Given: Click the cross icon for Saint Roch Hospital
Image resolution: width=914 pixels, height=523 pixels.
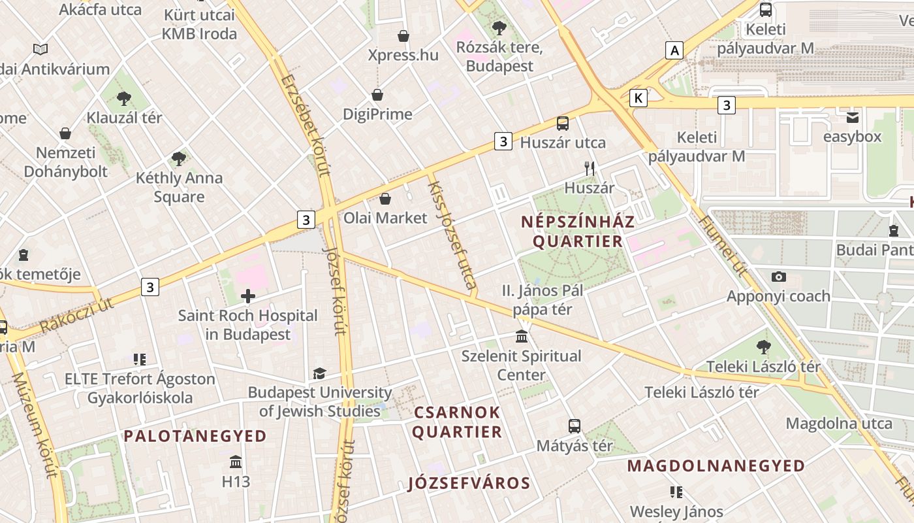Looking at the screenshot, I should point(248,296).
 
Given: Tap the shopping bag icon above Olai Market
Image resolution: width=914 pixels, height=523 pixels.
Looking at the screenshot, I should point(385,199).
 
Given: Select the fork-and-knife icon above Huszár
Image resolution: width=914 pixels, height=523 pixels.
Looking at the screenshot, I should point(590,169).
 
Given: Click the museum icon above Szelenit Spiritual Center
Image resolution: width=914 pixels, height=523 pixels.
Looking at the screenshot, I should point(522,337).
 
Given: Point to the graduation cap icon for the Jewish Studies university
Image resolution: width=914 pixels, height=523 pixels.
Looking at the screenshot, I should point(319,373).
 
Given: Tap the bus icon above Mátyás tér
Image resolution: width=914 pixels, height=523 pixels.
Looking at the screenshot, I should point(575,426).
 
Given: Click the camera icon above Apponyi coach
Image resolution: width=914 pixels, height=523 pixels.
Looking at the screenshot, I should point(778,277).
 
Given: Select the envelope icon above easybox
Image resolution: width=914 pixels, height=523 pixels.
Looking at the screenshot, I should point(853,118).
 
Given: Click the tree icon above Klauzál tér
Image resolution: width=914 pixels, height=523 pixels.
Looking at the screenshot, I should point(124,99).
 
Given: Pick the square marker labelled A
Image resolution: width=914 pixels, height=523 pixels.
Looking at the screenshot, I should point(674,50).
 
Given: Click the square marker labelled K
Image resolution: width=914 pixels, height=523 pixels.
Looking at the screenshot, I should point(638,98).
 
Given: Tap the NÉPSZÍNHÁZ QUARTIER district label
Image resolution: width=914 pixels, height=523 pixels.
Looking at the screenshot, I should point(578,231).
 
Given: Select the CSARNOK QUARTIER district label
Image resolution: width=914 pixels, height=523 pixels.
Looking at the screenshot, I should point(457,422).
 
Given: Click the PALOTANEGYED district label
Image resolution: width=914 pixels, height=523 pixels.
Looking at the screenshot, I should point(195,436).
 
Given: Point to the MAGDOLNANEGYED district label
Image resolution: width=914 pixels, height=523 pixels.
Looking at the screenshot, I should point(716,466).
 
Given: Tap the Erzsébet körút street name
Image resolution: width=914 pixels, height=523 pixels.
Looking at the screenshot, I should point(304,124).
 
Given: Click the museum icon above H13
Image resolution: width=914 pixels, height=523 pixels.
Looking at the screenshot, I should point(236,462).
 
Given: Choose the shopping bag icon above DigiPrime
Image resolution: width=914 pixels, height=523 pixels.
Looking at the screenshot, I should point(377,95).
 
